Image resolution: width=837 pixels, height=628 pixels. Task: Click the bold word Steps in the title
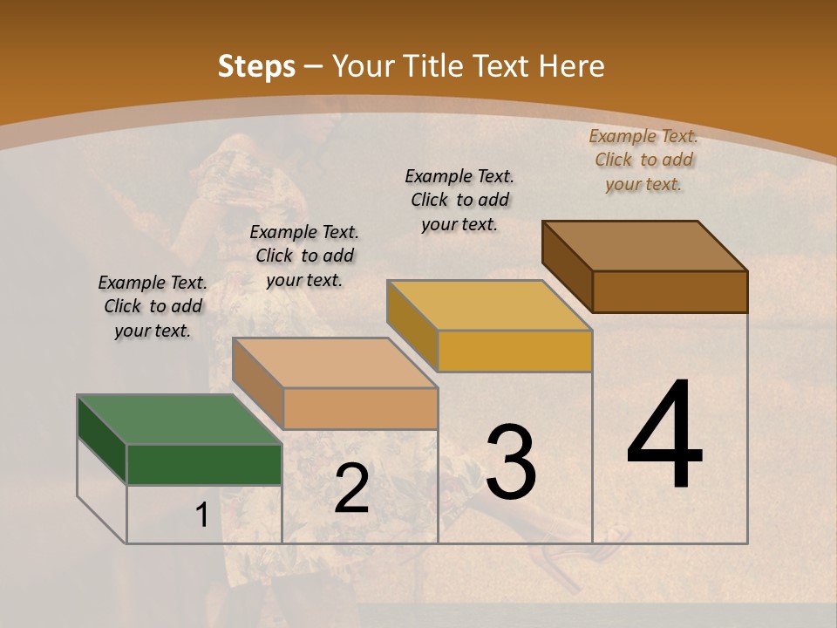point(256,66)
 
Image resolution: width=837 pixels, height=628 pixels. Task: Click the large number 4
point(665,435)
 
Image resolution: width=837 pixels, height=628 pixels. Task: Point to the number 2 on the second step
point(351,488)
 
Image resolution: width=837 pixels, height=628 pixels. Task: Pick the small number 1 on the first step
point(201,515)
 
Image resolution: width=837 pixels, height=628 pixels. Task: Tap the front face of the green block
point(204,464)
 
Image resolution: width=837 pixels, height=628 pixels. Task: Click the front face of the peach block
point(360,408)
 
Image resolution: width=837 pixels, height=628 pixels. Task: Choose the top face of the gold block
point(488,304)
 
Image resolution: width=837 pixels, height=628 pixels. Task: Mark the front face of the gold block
point(514,351)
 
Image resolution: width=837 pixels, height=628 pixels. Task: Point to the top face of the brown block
point(644,245)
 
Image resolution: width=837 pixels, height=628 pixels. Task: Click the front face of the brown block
point(670,291)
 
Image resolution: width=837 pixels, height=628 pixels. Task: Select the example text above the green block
point(153,307)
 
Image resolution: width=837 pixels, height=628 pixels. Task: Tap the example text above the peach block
point(304,256)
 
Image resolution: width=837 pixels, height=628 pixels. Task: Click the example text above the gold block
point(459,200)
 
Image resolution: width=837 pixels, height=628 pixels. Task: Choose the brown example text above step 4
point(643,160)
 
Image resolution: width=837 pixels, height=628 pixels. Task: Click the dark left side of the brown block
point(567,265)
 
